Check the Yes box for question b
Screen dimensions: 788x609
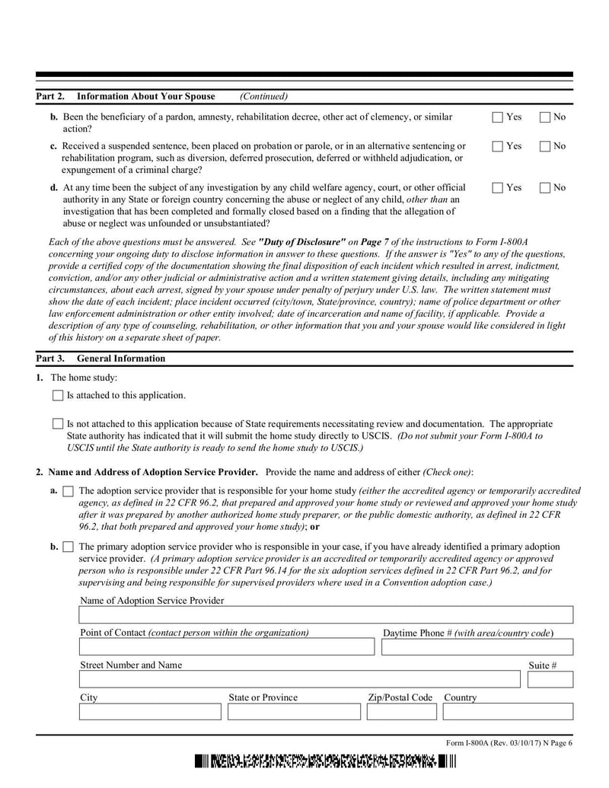pyautogui.click(x=498, y=117)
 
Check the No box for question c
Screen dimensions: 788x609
pyautogui.click(x=545, y=145)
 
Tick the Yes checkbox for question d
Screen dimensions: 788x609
pyautogui.click(x=498, y=187)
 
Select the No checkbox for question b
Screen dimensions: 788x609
pyautogui.click(x=545, y=117)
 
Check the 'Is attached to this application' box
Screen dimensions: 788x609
pyautogui.click(x=58, y=395)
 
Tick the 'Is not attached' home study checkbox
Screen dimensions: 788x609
pyautogui.click(x=58, y=423)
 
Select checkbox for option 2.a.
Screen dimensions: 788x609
pyautogui.click(x=68, y=492)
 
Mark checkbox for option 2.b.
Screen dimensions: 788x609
pyautogui.click(x=68, y=547)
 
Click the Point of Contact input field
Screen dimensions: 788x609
pyautogui.click(x=227, y=647)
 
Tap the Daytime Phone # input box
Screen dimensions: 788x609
pyautogui.click(x=477, y=647)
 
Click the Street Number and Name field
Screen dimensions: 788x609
pyautogui.click(x=299, y=679)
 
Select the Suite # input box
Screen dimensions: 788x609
pyautogui.click(x=550, y=679)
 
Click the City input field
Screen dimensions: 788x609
pyautogui.click(x=150, y=712)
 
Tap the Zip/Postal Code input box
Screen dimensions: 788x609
pyautogui.click(x=401, y=712)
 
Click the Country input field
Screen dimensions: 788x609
pyautogui.click(x=508, y=712)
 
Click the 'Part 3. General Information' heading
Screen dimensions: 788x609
pyautogui.click(x=100, y=359)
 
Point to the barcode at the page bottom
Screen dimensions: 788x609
pyautogui.click(x=324, y=762)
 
